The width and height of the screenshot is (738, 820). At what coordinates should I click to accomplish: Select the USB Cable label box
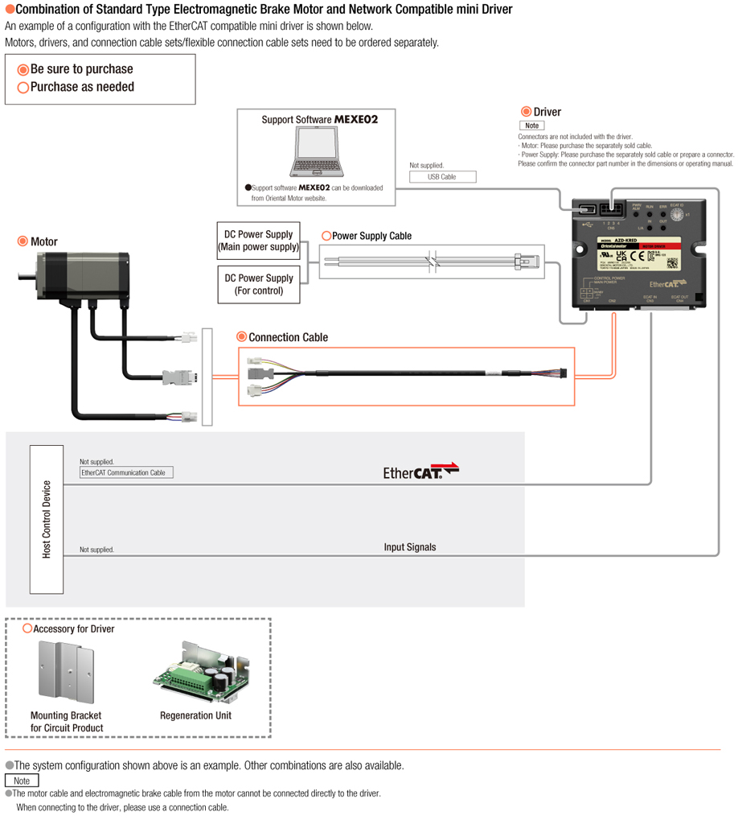[442, 177]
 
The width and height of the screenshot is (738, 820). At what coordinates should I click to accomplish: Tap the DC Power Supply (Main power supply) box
[259, 241]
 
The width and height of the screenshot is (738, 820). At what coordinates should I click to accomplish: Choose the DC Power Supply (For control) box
[259, 285]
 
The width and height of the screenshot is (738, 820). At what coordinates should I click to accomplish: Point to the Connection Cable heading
[288, 337]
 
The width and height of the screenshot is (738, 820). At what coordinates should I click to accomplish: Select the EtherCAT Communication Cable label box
[126, 472]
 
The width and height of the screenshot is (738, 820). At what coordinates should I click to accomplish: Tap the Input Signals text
[410, 547]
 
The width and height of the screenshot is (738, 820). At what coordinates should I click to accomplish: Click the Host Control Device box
[47, 519]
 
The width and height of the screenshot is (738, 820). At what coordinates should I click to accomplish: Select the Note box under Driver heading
[531, 126]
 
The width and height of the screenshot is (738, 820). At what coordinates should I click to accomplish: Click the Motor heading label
[43, 241]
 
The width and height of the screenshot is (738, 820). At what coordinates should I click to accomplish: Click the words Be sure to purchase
[81, 69]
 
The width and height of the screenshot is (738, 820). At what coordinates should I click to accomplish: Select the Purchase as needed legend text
[82, 87]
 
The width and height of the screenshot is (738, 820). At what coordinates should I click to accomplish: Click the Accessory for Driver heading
[73, 628]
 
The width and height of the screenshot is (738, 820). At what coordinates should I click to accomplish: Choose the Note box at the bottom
[22, 781]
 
